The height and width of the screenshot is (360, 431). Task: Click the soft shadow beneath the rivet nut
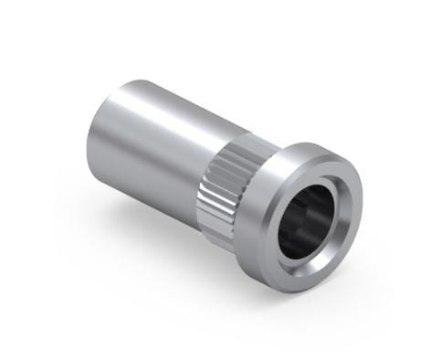(x=183, y=265)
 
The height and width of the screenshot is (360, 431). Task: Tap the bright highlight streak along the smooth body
(x=164, y=105)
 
